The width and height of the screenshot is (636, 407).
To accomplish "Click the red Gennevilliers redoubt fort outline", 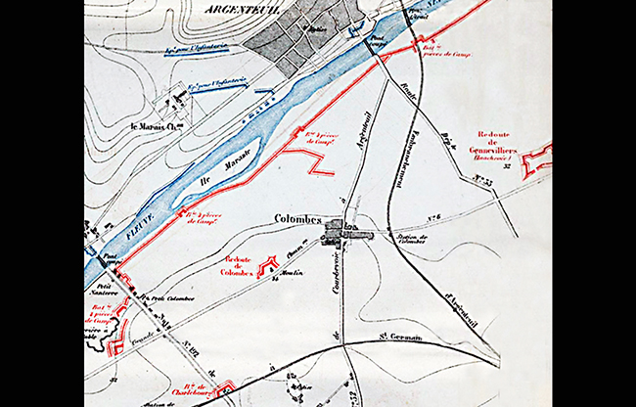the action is [536, 159].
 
